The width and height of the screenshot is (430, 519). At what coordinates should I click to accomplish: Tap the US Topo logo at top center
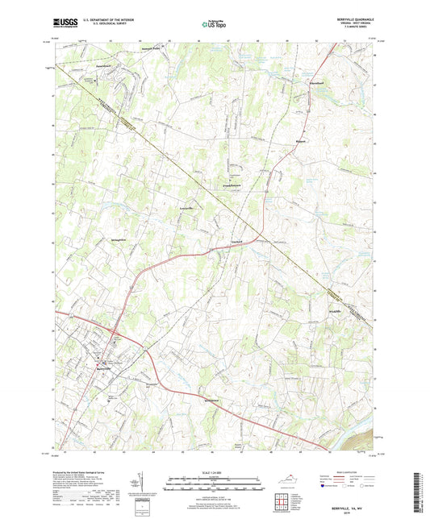[215, 26]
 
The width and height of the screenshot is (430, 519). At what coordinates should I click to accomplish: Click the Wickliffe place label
[336, 311]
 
